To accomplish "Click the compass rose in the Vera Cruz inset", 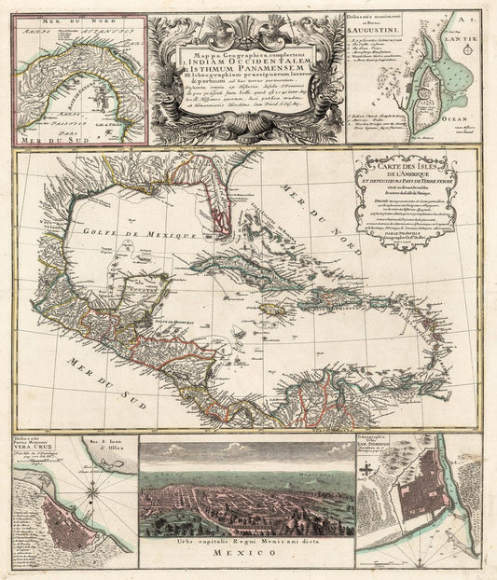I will point(101,496).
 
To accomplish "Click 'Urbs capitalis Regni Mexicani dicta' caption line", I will point(246,554).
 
